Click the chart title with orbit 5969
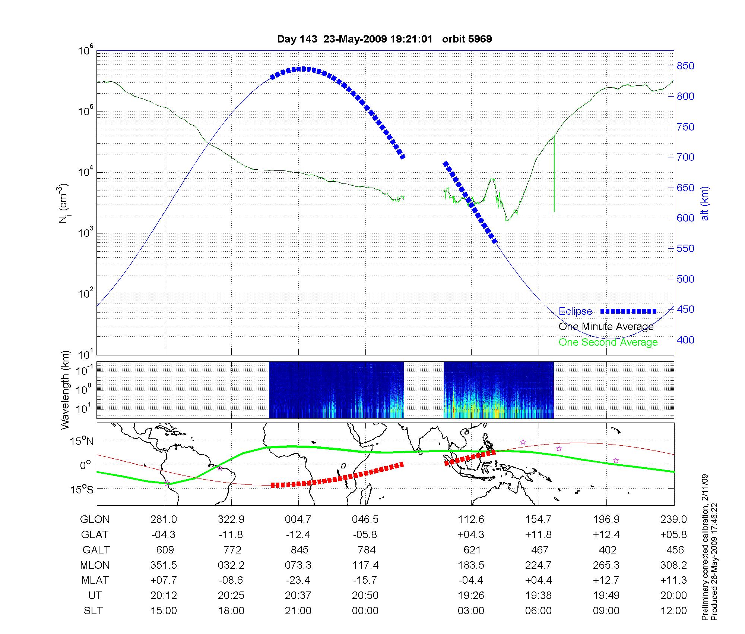click(x=384, y=39)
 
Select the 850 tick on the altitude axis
click(x=685, y=66)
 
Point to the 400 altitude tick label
click(x=685, y=340)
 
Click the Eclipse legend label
click(x=575, y=311)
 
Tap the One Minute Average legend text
click(x=606, y=327)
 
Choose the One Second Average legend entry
click(x=608, y=342)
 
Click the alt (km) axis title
click(x=705, y=203)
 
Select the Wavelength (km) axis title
click(x=66, y=390)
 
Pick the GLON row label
click(x=95, y=520)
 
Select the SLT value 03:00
click(x=471, y=611)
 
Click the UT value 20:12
click(x=164, y=596)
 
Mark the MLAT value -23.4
click(x=298, y=580)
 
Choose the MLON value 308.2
click(x=673, y=565)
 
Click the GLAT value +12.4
click(x=606, y=535)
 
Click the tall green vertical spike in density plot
click(x=554, y=175)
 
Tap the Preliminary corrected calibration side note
click(x=705, y=550)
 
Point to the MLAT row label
click(x=95, y=580)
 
